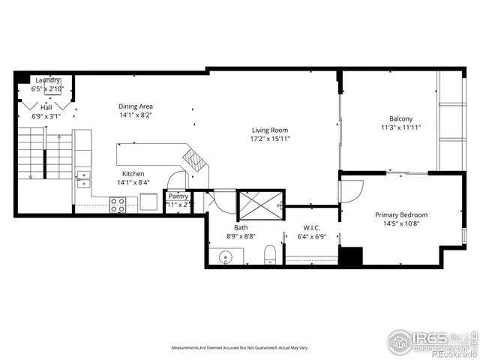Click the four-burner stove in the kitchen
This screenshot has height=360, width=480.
tap(118, 204)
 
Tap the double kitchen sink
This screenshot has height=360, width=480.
tap(83, 179)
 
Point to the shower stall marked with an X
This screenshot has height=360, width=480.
tap(259, 204)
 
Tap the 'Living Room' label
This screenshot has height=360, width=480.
tap(270, 129)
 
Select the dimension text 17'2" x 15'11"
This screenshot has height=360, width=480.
tap(270, 139)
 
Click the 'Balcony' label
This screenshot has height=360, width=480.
tap(400, 118)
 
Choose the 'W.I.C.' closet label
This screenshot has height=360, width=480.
tap(312, 228)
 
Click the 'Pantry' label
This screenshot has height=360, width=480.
tap(178, 196)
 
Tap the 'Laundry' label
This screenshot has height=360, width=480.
tap(46, 80)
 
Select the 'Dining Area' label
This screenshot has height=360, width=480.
tap(135, 106)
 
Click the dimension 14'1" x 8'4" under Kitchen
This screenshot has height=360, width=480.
tap(135, 182)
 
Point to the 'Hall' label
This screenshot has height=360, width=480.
tap(46, 107)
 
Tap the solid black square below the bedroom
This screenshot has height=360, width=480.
tap(350, 255)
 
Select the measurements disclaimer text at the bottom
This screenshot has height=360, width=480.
tap(240, 348)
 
